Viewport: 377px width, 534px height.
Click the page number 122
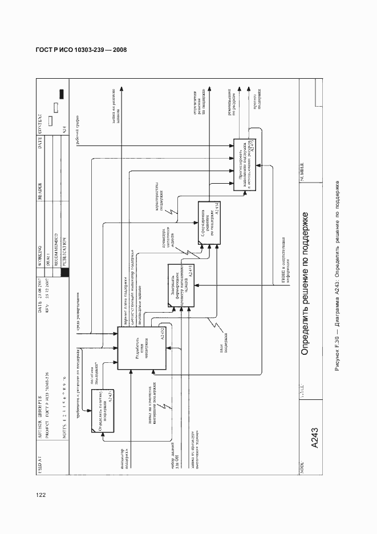(40, 495)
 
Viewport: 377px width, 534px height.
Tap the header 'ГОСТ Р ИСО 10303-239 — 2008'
(77, 50)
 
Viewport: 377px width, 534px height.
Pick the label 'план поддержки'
(223, 346)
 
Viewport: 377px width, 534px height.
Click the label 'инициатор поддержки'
(127, 454)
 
